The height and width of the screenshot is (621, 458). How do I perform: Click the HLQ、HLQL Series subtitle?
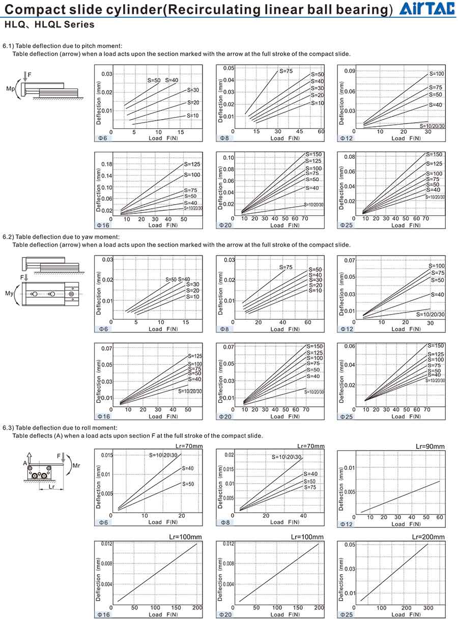click(49, 24)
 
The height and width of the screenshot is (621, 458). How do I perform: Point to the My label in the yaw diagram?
click(9, 293)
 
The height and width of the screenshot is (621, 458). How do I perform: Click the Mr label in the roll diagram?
click(76, 465)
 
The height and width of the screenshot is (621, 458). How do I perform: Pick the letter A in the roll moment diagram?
click(24, 463)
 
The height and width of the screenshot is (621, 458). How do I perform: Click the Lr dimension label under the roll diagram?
click(51, 487)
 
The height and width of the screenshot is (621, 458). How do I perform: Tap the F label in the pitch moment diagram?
click(30, 75)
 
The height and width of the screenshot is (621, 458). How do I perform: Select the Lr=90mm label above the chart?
click(430, 446)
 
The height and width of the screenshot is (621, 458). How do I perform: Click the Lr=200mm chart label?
click(428, 537)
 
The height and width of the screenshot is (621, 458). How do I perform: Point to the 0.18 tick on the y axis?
click(106, 164)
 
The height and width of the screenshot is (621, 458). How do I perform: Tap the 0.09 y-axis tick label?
click(350, 71)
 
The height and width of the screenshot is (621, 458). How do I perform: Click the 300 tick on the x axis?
click(428, 608)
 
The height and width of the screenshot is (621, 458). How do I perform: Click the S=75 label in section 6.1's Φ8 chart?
click(285, 71)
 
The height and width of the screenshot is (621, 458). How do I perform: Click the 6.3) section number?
click(9, 428)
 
